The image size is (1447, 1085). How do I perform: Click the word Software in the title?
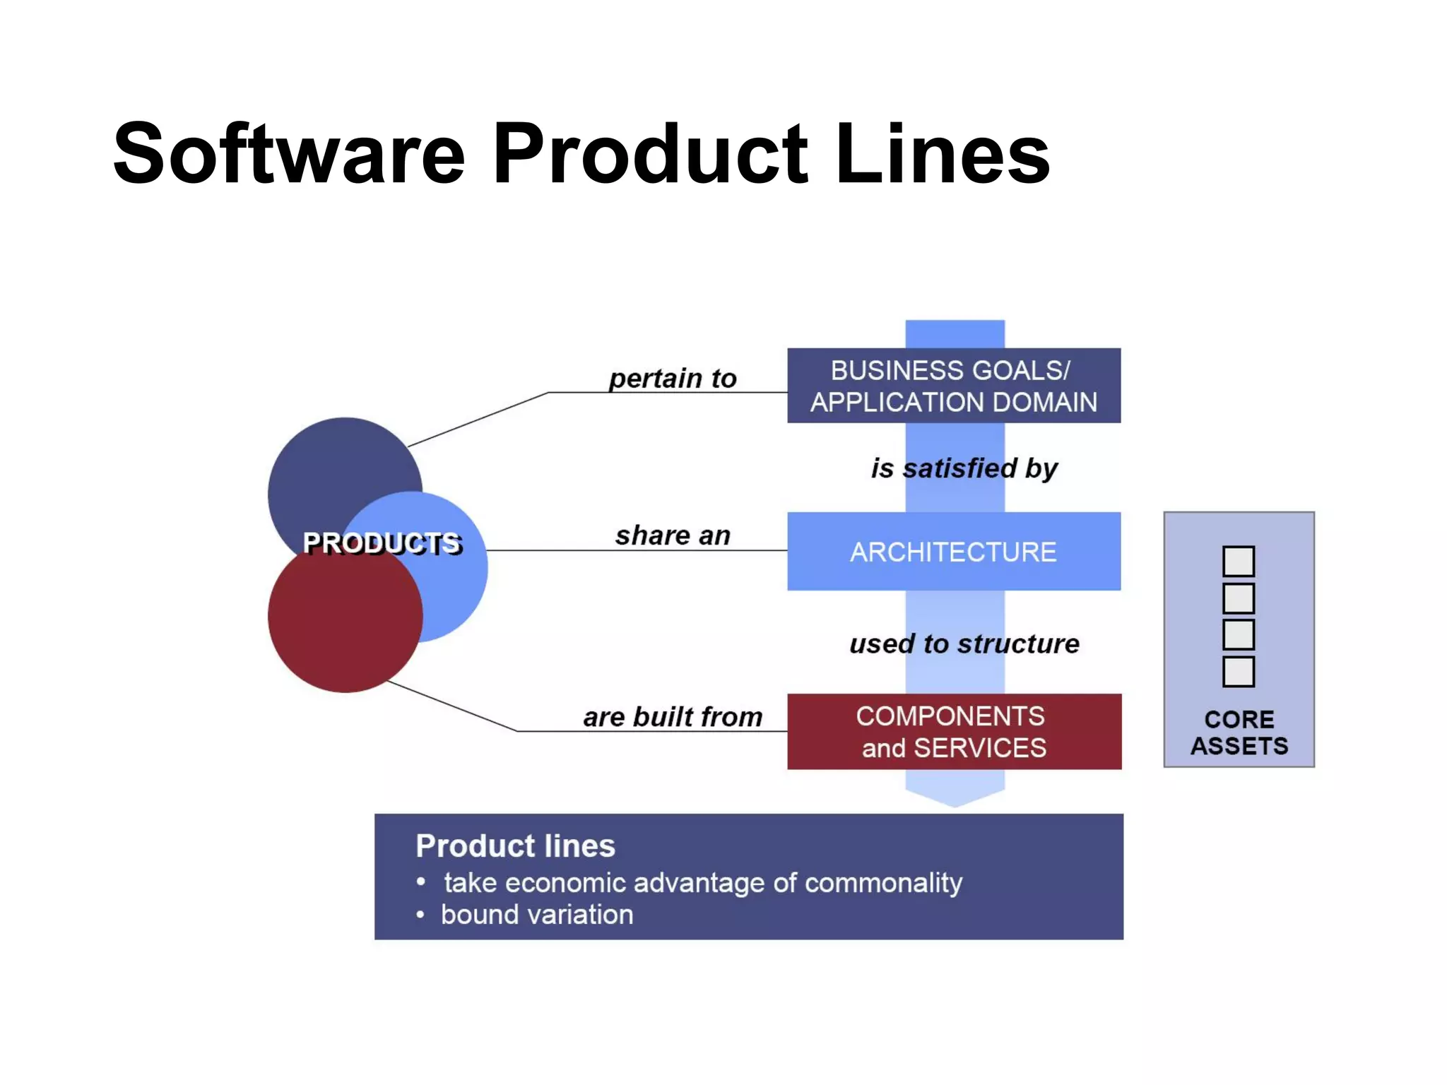tap(289, 154)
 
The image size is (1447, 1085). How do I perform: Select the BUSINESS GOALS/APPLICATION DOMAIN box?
tap(954, 386)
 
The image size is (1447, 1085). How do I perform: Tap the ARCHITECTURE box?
tap(954, 552)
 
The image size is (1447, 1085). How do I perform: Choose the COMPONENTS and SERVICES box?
tap(954, 732)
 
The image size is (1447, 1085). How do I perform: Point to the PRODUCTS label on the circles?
tap(382, 543)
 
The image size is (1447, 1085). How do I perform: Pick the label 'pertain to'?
tap(673, 379)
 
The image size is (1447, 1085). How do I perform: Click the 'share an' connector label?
tap(673, 536)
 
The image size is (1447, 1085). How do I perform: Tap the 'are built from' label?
tap(673, 717)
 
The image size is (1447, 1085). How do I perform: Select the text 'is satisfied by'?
tap(964, 468)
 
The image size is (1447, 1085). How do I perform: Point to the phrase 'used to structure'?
tap(964, 644)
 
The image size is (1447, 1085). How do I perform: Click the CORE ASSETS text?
tap(1239, 733)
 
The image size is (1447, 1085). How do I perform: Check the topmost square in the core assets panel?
tap(1239, 562)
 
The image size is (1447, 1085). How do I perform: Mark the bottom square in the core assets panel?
tap(1239, 672)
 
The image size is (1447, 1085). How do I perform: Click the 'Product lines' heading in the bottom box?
tap(515, 846)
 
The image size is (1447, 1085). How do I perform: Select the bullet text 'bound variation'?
tap(537, 915)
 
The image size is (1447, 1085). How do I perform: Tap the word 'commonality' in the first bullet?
tap(883, 883)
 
